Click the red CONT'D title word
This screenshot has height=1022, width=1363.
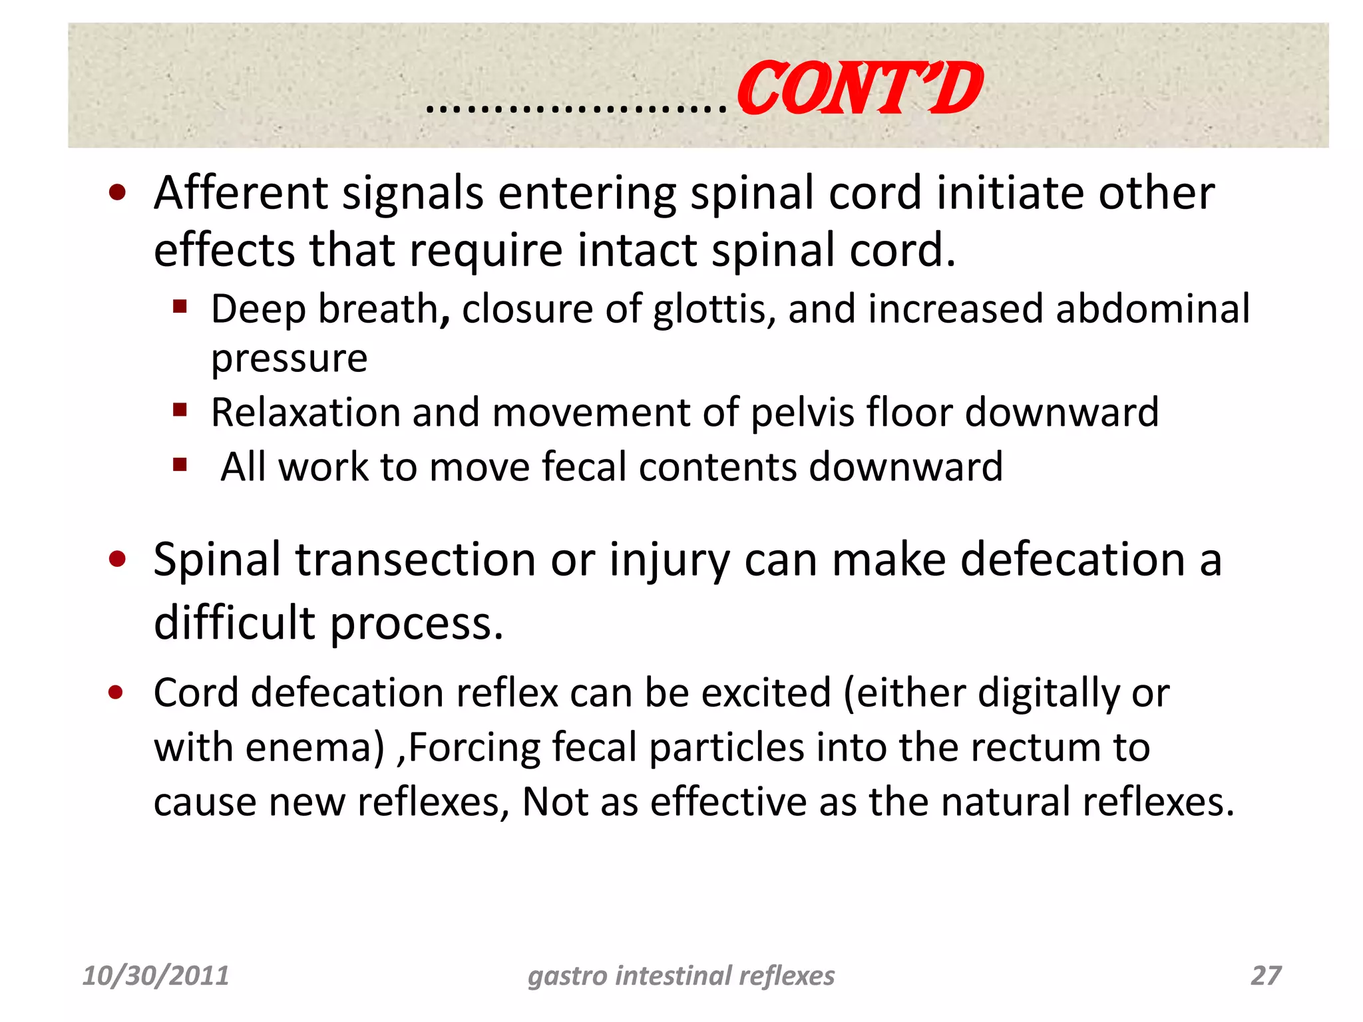point(859,88)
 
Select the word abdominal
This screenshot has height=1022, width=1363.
point(1153,309)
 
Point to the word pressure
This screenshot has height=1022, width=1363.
point(289,359)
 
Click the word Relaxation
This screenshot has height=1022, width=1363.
point(305,413)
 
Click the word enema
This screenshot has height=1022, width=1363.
point(315,748)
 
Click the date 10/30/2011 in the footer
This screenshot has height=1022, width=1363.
point(155,976)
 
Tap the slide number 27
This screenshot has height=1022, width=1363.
point(1266,976)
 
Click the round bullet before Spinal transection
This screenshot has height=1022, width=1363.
point(117,560)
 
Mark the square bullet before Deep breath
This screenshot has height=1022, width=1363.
point(180,307)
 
